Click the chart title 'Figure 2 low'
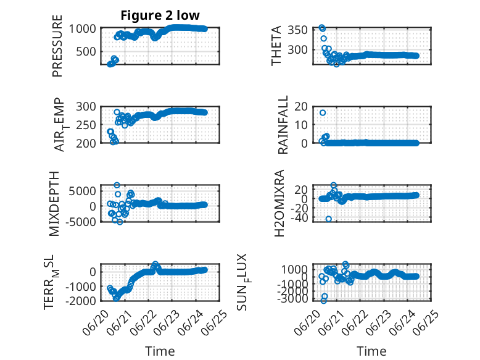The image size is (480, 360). [x=160, y=15]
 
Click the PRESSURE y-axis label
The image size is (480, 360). [x=57, y=46]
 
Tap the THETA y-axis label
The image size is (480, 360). [x=276, y=46]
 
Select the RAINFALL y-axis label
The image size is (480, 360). [x=283, y=124]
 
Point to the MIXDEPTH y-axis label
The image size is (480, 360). [x=54, y=203]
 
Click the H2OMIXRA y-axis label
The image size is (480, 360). [x=279, y=203]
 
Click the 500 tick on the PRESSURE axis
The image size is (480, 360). [x=86, y=51]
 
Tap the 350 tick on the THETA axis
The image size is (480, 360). [x=297, y=30]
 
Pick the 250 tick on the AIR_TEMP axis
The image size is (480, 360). [x=86, y=125]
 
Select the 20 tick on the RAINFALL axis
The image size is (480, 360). [x=301, y=107]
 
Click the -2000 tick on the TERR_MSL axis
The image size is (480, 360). [x=81, y=301]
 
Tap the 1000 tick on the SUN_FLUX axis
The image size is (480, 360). [x=294, y=270]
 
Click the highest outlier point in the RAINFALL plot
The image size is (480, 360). [x=322, y=113]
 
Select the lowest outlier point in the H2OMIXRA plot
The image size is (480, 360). [x=328, y=219]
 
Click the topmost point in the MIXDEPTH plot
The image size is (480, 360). [x=117, y=185]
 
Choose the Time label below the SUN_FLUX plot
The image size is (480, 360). [x=371, y=351]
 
